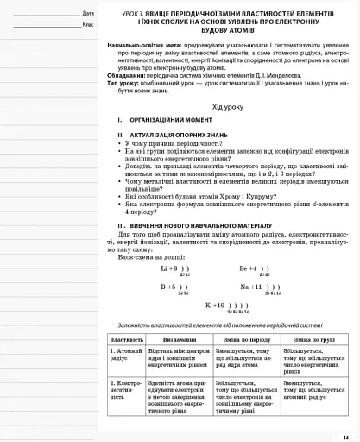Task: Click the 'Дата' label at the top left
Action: click(x=87, y=14)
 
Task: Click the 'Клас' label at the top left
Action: click(x=87, y=24)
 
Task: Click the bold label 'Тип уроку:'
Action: click(x=122, y=82)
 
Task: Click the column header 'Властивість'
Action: click(x=126, y=340)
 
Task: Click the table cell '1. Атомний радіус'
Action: click(x=125, y=355)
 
